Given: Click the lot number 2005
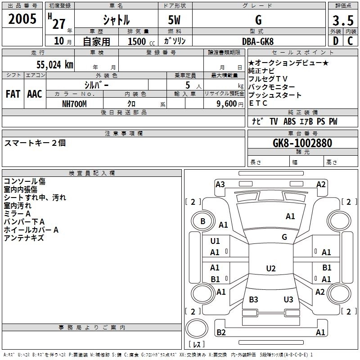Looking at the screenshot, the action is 22,19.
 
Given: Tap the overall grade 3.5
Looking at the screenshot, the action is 343,21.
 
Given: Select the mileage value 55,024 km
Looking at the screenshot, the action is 55,65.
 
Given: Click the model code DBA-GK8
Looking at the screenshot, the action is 258,41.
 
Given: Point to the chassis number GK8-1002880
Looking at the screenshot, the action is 302,143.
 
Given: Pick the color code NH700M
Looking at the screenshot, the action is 74,104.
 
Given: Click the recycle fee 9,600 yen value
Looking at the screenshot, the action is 230,104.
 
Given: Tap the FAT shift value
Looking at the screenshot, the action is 13,94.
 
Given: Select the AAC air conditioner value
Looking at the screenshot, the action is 35,94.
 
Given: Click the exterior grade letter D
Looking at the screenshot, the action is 336,41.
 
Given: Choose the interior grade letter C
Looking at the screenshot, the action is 350,41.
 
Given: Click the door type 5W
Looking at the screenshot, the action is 174,20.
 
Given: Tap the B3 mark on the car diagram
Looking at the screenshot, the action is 253,299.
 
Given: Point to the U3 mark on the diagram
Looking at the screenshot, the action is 288,299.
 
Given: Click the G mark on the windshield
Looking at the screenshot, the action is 284,237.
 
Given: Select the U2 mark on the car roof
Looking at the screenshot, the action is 271,268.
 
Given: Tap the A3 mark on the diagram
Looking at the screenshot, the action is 220,184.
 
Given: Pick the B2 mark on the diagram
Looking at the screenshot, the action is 221,332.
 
